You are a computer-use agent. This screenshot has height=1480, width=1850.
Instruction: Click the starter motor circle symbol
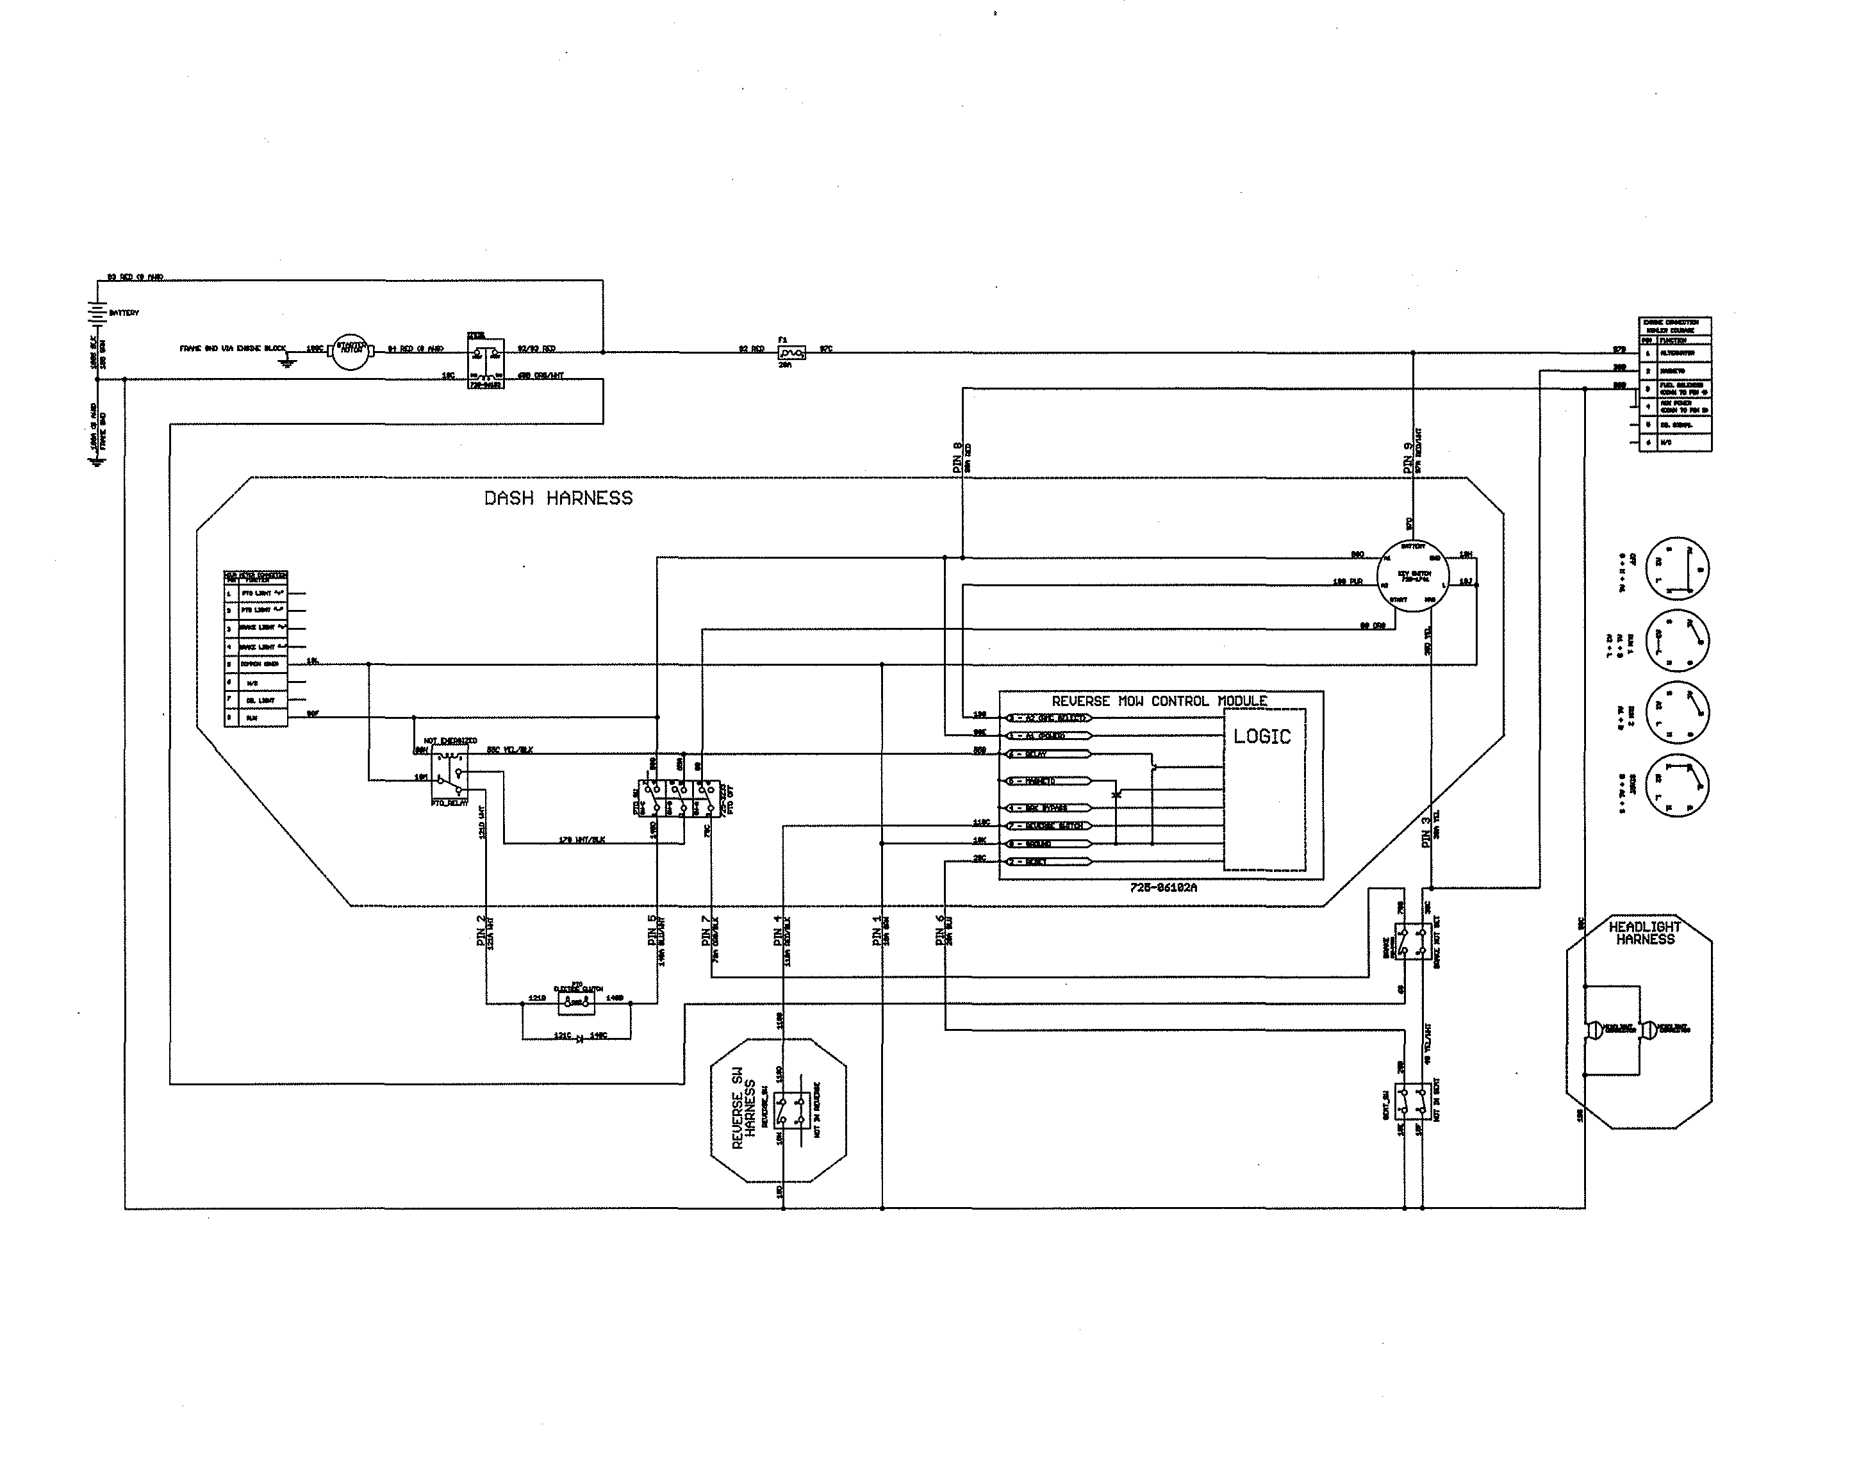click(349, 352)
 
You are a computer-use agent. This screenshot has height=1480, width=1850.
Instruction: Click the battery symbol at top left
click(99, 313)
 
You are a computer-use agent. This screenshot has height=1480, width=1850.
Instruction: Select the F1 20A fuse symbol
click(791, 352)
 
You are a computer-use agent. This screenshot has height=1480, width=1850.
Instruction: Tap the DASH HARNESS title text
click(559, 498)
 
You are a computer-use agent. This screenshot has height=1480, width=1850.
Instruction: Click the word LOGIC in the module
click(1261, 736)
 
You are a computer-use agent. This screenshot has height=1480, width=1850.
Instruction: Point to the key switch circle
click(1412, 575)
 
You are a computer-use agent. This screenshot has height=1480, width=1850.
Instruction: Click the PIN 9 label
click(1408, 458)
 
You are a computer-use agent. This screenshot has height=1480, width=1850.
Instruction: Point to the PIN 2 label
click(481, 931)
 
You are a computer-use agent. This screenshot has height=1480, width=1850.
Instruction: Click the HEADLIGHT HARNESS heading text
click(1645, 933)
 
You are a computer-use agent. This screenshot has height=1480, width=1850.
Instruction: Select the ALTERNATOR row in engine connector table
click(1675, 352)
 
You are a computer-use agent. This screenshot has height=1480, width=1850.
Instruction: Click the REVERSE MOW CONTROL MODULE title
click(1159, 701)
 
